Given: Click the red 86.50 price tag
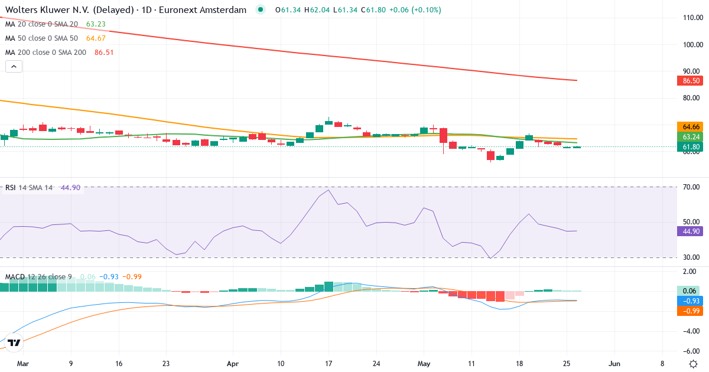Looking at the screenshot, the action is (690, 81).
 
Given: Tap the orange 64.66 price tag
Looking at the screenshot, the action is (690, 127).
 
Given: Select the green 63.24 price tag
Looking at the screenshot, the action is (690, 136).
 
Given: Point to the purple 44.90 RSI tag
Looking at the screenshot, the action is (690, 231).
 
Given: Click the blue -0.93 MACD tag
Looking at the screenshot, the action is (690, 301).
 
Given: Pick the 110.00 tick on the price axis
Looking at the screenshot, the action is (693, 18).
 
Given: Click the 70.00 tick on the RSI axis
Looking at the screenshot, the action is (691, 187).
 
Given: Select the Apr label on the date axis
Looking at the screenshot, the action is (233, 364).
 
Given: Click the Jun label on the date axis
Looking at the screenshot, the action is (614, 364).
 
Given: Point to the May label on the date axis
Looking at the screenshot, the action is (424, 364).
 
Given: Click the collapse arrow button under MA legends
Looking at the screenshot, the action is (14, 66).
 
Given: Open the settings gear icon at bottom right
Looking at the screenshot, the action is (693, 364).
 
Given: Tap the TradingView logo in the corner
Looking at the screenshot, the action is (14, 342).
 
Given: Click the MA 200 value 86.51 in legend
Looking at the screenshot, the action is (104, 53).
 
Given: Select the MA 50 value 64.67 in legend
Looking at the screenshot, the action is (96, 38).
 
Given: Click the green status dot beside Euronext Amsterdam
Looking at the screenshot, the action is (261, 10).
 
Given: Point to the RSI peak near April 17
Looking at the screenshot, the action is (329, 190).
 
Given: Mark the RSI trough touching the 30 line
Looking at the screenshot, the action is (490, 258).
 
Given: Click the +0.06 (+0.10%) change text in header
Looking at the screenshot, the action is (415, 10).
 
